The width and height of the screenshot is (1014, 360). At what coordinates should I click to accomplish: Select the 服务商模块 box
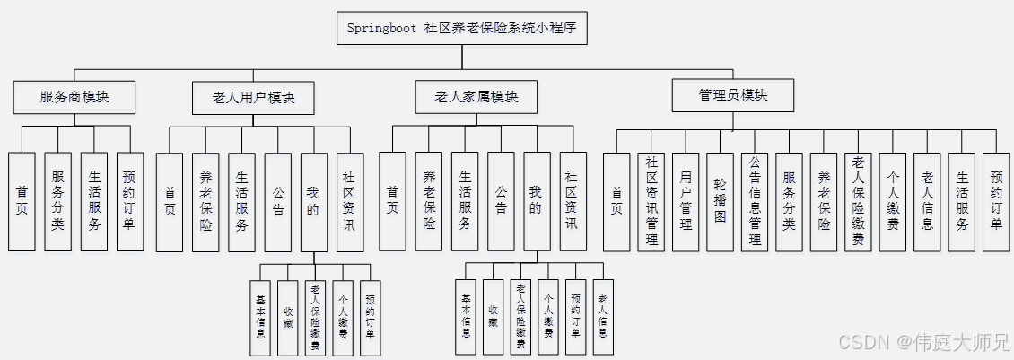[x=74, y=97]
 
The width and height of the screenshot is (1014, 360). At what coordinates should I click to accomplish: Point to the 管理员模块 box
[x=733, y=95]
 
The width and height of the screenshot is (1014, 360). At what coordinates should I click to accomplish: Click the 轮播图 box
[x=721, y=200]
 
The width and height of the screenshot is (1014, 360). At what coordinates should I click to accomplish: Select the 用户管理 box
[x=686, y=200]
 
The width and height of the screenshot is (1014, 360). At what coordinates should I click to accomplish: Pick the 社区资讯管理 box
[x=651, y=200]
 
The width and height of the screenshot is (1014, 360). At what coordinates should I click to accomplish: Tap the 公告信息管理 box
[x=755, y=200]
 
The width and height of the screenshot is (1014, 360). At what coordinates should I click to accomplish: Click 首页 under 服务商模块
[x=22, y=200]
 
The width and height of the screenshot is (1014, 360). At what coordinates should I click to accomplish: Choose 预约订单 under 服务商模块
[x=130, y=200]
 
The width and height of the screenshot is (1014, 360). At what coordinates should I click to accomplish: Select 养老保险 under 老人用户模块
[x=205, y=200]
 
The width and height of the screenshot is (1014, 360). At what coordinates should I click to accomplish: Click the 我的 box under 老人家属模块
[x=536, y=200]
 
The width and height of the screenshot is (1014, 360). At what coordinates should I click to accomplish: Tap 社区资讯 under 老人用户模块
[x=350, y=200]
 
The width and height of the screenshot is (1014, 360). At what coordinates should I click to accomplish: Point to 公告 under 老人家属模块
[x=501, y=200]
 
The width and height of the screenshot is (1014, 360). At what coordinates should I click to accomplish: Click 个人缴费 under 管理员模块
[x=893, y=200]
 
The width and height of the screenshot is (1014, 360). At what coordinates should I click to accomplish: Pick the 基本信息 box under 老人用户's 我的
[x=260, y=318]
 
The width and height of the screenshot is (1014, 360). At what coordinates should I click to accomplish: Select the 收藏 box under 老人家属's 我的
[x=493, y=318]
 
